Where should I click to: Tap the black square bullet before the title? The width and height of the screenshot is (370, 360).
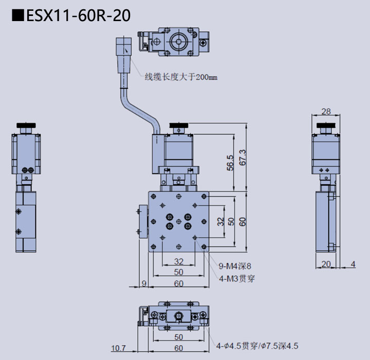(x=18, y=16)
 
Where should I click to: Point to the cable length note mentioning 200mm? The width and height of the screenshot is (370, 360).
(x=181, y=77)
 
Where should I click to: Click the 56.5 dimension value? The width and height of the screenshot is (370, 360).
(x=230, y=163)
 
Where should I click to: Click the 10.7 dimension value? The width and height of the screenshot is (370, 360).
(x=118, y=348)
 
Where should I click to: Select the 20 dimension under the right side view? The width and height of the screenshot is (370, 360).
(x=325, y=264)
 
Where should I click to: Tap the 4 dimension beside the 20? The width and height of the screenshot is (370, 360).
(x=353, y=264)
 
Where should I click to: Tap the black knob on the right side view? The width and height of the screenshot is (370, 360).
(x=325, y=125)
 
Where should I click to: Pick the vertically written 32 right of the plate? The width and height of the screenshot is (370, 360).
(x=220, y=222)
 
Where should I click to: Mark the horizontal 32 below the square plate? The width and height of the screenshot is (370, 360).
(x=178, y=261)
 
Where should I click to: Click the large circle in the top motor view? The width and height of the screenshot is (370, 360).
(x=179, y=41)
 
